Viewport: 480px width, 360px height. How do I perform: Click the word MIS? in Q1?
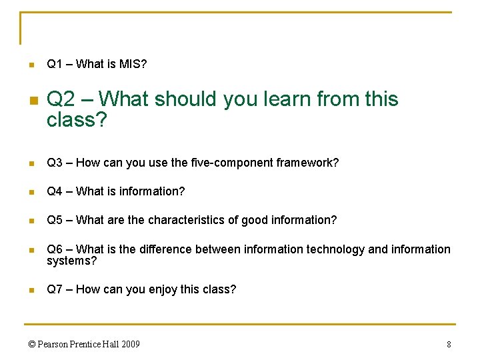(x=133, y=64)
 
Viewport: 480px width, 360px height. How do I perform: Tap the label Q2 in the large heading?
(x=61, y=99)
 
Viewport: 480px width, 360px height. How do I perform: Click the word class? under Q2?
(x=77, y=120)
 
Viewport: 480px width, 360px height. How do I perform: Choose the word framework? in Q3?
(x=309, y=163)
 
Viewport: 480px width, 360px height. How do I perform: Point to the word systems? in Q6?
(x=71, y=261)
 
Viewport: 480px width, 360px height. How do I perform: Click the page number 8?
(x=449, y=345)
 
